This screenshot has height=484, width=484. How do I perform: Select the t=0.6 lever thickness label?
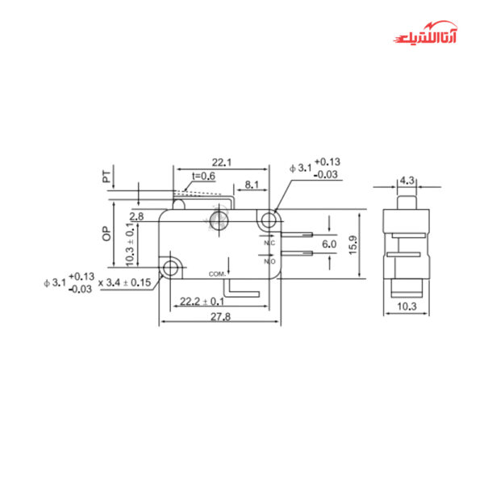point(203,176)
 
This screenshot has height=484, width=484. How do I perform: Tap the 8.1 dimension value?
point(251,185)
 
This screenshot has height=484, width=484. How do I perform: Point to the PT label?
point(106,177)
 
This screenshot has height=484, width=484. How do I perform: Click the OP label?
point(106,234)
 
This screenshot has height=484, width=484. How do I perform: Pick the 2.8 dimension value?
point(136,216)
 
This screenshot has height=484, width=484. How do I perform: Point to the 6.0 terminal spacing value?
point(329,244)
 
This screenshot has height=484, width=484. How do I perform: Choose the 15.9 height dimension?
point(353,244)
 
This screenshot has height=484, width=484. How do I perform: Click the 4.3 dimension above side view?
point(407,181)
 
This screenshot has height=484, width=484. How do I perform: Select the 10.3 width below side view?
point(407,307)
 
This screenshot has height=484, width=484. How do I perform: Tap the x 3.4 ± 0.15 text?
point(124,282)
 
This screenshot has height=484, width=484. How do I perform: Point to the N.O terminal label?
point(269,261)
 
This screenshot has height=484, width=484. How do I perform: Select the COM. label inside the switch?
point(216,273)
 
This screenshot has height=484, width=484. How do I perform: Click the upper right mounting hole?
point(269,219)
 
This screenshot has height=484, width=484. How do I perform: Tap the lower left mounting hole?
point(170,266)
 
